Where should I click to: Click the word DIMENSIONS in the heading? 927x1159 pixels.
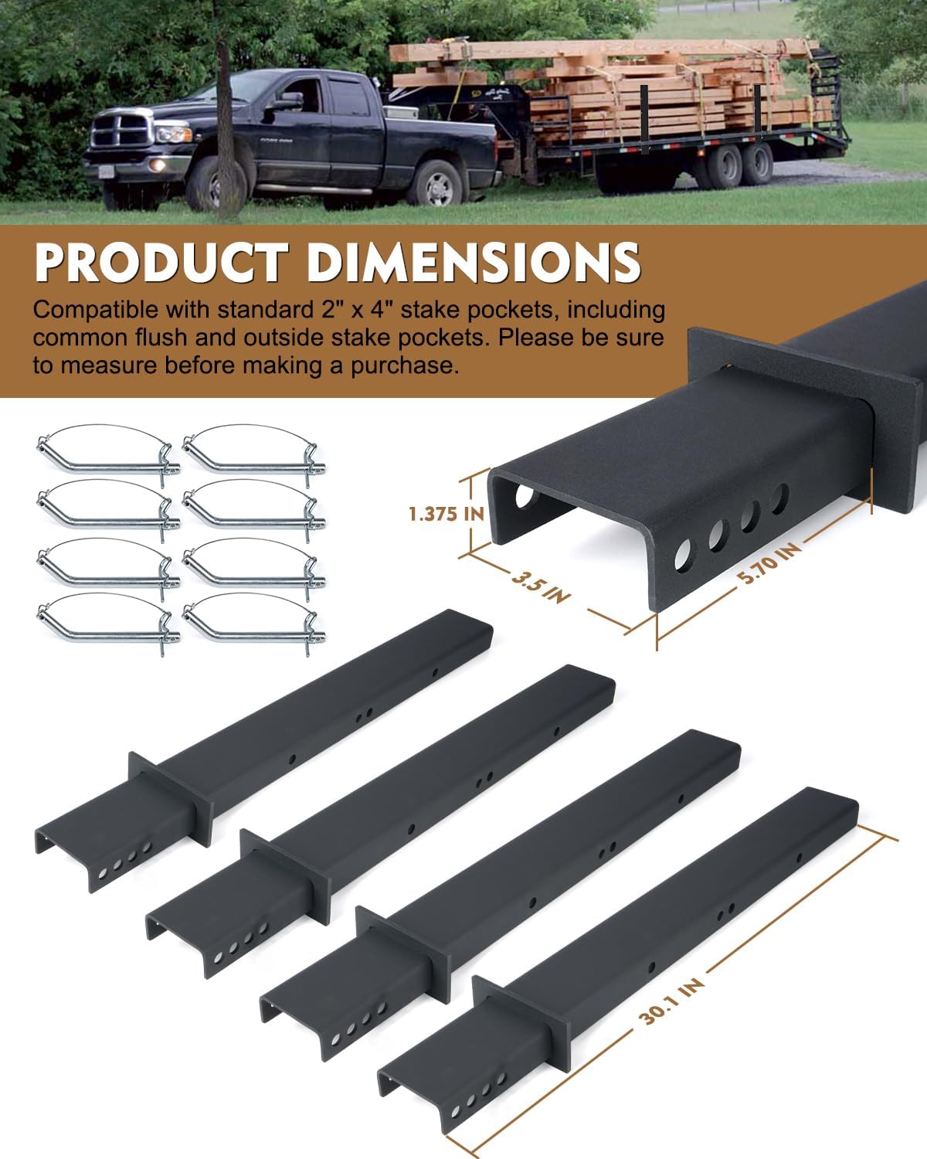tap(473, 262)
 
